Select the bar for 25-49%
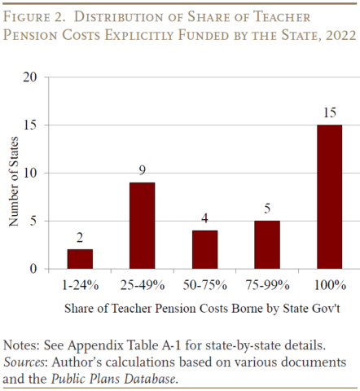(x=142, y=226)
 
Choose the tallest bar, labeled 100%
(x=328, y=196)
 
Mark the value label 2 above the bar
(x=80, y=239)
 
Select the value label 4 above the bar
(x=204, y=220)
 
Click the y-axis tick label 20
(x=31, y=77)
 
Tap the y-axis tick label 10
(x=31, y=173)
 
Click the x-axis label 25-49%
(x=142, y=285)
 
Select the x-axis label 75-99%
(x=267, y=285)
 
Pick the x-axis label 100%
(x=328, y=285)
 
